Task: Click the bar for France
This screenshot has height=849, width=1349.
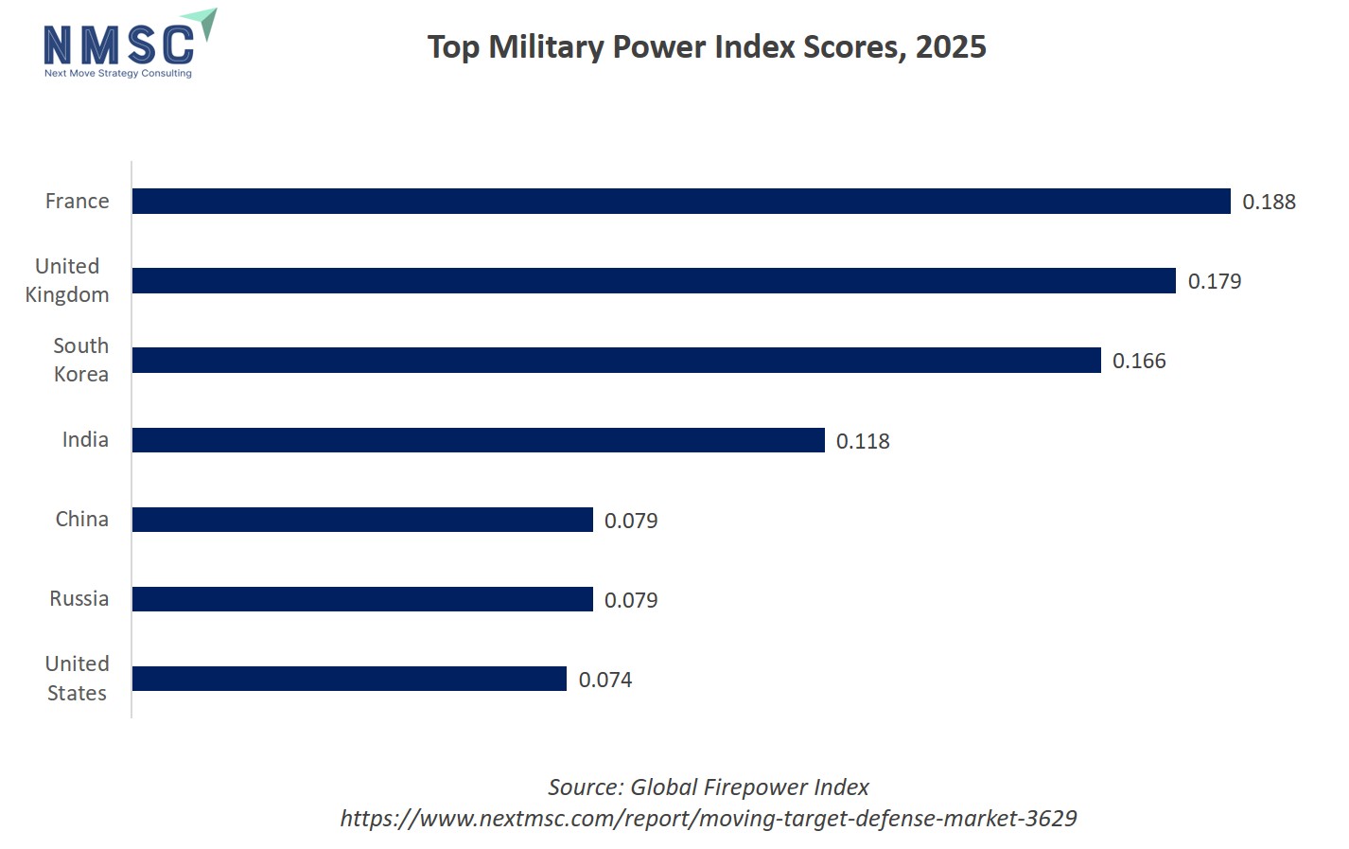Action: click(x=681, y=201)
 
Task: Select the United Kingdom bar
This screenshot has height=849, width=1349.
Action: click(x=654, y=280)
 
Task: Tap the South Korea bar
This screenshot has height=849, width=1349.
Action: click(x=616, y=360)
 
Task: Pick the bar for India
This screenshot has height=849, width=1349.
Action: click(x=478, y=440)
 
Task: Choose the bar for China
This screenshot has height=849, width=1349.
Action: click(x=362, y=520)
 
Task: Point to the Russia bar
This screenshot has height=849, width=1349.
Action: click(x=362, y=599)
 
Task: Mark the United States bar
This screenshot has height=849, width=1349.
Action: click(x=349, y=679)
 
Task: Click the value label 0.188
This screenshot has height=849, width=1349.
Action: click(x=1269, y=202)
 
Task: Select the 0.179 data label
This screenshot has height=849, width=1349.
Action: click(x=1214, y=281)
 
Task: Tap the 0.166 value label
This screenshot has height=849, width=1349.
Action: click(x=1139, y=361)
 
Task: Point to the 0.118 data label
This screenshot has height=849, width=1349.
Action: click(x=863, y=441)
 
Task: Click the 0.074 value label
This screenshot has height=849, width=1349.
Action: click(x=605, y=680)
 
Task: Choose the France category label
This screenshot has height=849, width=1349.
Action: click(x=78, y=201)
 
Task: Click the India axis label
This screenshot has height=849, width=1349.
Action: click(x=85, y=439)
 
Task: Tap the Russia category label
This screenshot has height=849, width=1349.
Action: click(x=79, y=598)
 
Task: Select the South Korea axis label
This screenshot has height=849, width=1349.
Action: click(x=81, y=360)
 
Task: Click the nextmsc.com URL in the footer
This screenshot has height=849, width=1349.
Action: click(x=709, y=818)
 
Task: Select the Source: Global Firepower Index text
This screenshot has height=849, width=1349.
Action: click(x=709, y=787)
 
